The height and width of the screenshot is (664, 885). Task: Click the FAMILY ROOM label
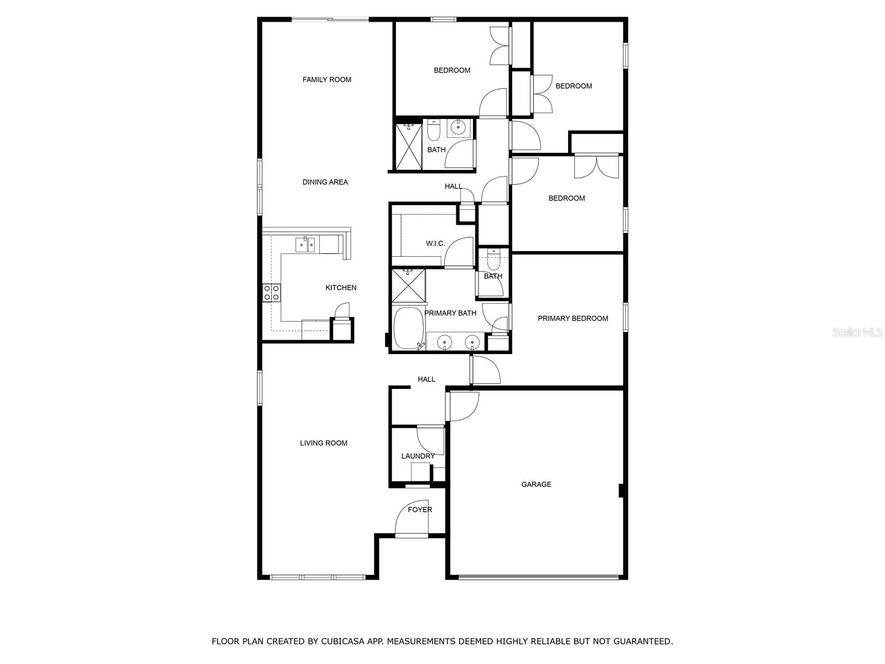coord(326,80)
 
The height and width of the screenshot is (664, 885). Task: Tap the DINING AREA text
coord(325,182)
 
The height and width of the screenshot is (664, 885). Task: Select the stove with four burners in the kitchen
coord(272,293)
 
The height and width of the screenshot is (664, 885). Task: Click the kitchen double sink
coord(305,245)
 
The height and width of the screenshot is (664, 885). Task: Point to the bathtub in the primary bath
coord(408,328)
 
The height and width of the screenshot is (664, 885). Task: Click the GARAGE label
coord(536,484)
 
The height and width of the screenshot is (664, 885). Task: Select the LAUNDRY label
coord(418,456)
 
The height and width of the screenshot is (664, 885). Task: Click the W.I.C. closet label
coord(435,243)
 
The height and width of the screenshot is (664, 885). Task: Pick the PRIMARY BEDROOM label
coord(572,319)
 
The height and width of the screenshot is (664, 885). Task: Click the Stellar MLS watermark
coord(857,332)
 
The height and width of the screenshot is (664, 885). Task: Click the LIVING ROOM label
coord(324,443)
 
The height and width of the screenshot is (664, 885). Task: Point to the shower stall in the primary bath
coord(408,286)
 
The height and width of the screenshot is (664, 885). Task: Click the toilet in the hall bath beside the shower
coord(434,129)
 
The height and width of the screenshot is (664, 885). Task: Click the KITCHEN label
coord(341,288)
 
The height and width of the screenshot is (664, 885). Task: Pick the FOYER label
coord(420,510)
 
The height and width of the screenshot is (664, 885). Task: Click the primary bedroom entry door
coord(485,370)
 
